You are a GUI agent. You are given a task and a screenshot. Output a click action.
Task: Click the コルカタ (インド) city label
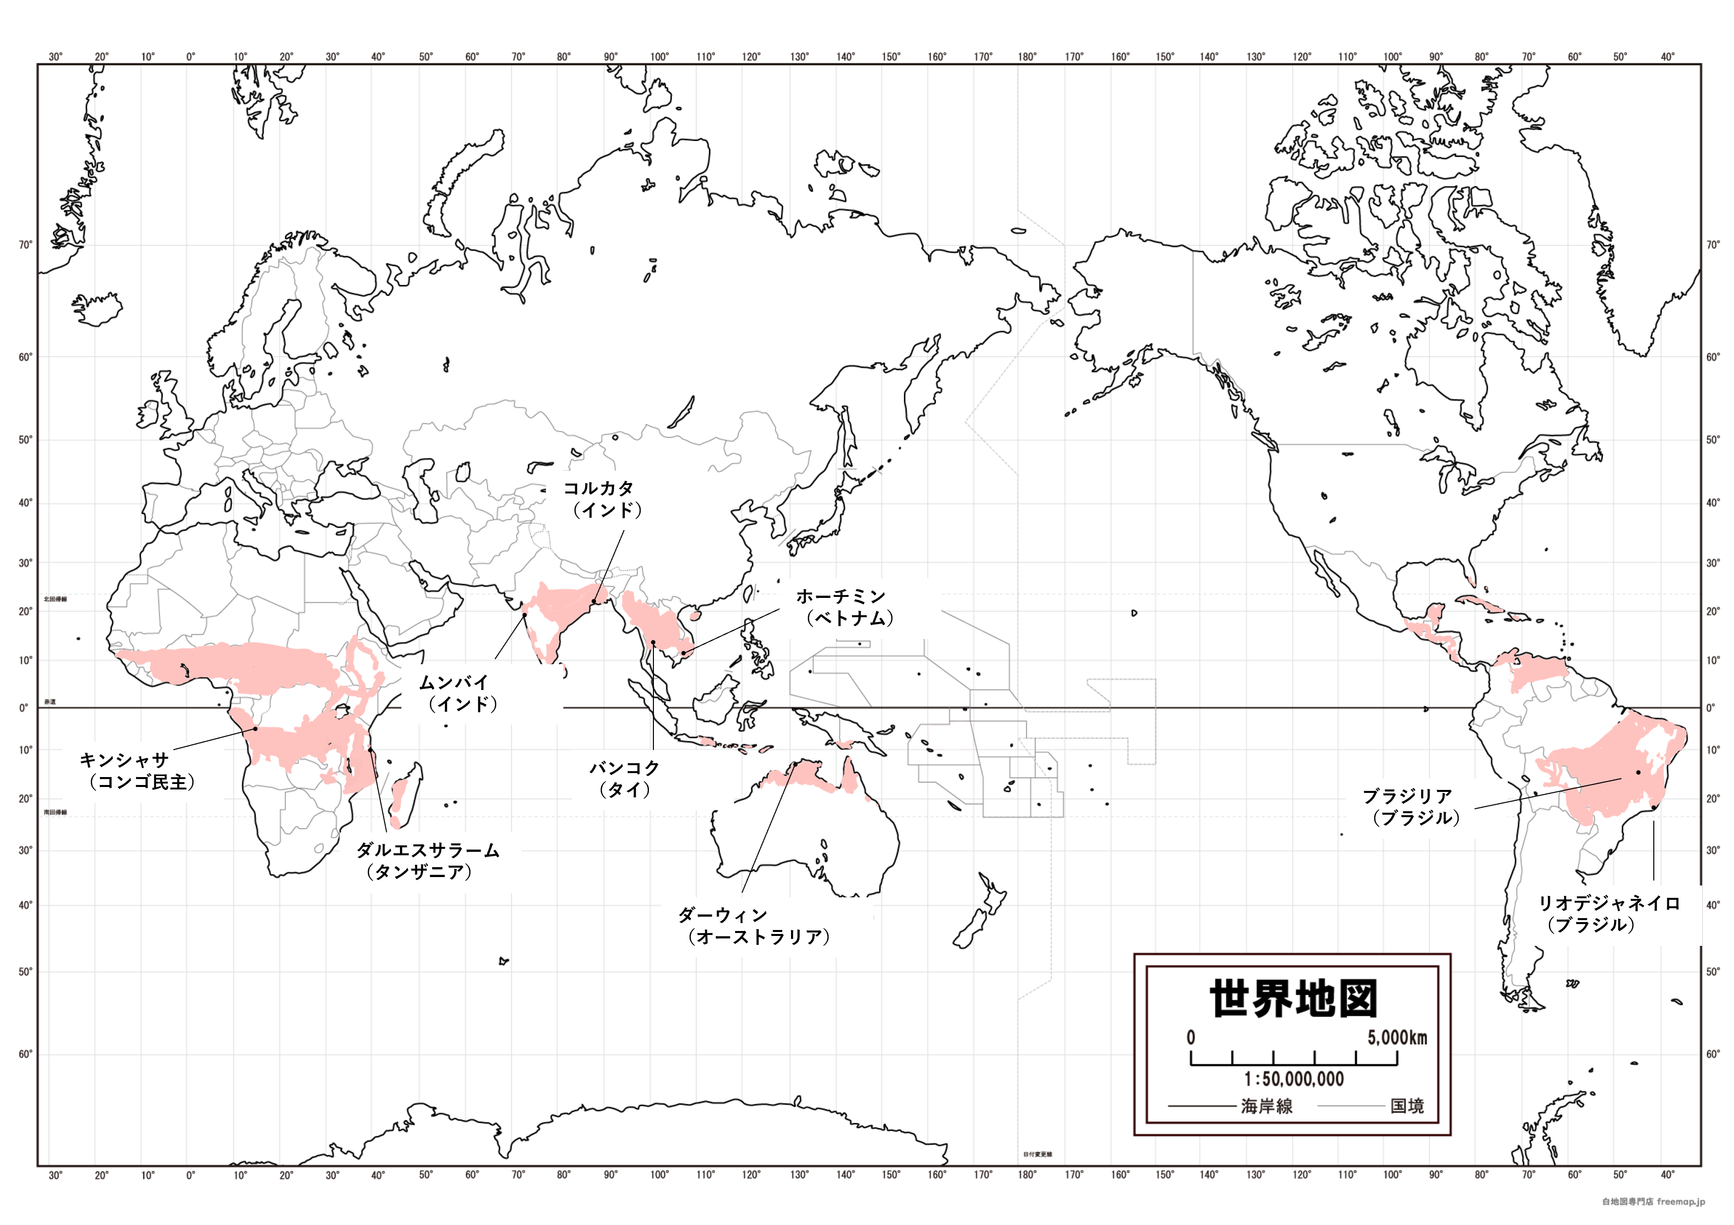[602, 499]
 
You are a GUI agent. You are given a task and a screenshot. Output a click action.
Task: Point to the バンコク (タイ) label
[625, 779]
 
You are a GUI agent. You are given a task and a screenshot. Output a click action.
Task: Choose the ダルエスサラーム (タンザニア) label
[428, 861]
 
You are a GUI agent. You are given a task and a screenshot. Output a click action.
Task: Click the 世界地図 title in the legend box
[1294, 999]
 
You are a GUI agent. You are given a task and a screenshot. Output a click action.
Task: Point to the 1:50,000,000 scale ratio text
[1294, 1079]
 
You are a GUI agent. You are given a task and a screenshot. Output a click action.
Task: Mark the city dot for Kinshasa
[255, 729]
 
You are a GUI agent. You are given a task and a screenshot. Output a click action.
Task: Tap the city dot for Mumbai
[525, 615]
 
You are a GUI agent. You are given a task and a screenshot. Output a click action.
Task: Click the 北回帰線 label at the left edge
[55, 599]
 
